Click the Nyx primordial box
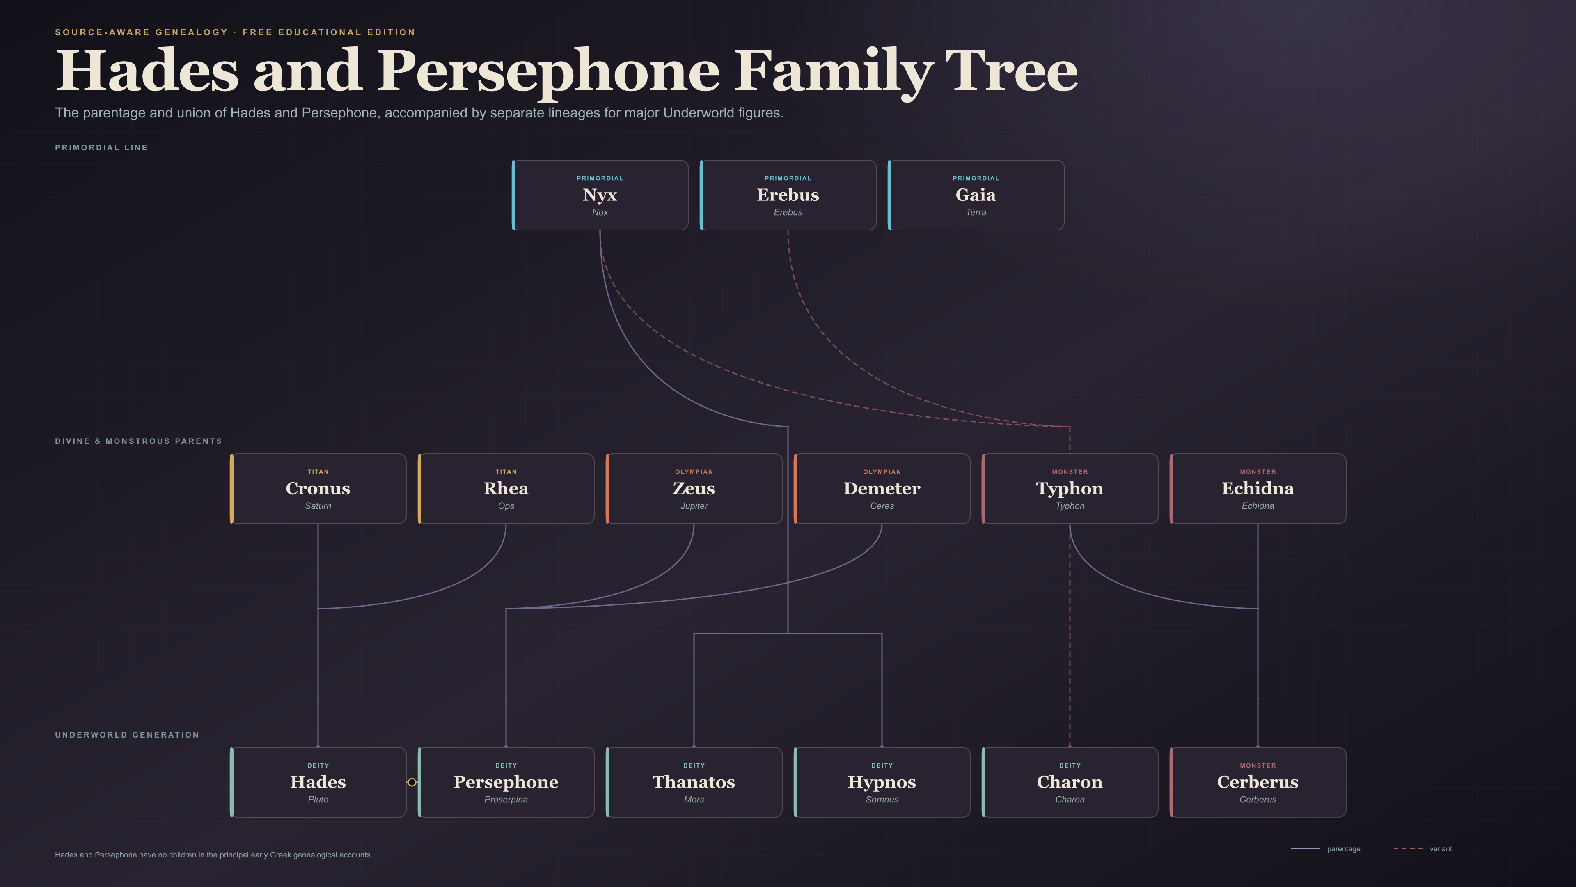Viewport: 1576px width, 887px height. click(x=600, y=195)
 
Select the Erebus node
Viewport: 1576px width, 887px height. click(x=788, y=195)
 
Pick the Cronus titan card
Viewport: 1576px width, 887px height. click(x=318, y=489)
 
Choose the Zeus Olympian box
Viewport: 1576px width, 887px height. click(x=693, y=489)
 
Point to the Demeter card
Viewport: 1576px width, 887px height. click(x=882, y=489)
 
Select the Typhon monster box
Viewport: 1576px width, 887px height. click(x=1070, y=489)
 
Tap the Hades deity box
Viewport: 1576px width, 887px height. click(x=318, y=782)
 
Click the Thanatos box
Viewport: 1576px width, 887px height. click(x=693, y=782)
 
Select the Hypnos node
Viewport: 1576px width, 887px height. click(x=882, y=782)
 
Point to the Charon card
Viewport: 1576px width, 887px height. click(x=1070, y=782)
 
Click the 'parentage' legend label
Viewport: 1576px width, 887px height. click(x=1344, y=849)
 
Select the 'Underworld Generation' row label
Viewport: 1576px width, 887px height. click(x=127, y=735)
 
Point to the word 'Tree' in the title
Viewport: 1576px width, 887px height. click(x=1011, y=71)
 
